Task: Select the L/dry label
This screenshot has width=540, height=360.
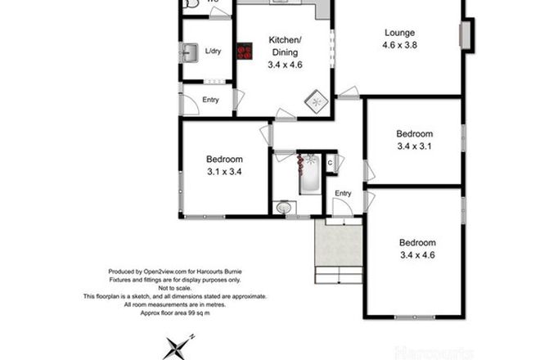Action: coord(213,51)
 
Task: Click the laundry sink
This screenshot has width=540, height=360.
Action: coord(190,53)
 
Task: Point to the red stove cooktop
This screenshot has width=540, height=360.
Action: coord(244,52)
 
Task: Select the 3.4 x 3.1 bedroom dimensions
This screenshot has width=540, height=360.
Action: coord(413,147)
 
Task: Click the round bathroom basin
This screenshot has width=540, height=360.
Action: coord(284,208)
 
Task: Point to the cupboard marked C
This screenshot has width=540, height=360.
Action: coord(331,163)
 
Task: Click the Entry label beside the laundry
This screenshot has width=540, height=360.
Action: coord(211,101)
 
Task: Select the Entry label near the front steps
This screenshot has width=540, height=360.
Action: coord(343,193)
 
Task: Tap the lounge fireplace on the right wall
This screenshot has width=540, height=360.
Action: coord(465,36)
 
